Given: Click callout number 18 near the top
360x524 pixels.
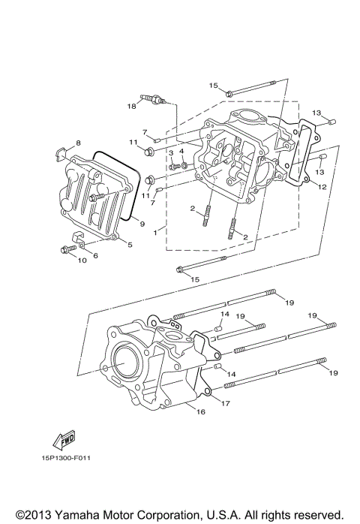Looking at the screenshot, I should point(131,107).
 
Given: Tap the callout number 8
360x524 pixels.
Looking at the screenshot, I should point(77,143).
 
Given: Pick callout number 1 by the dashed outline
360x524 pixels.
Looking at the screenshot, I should point(94,255).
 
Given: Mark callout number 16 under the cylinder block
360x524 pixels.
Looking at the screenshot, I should point(200,411).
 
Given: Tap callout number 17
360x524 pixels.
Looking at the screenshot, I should point(225,403).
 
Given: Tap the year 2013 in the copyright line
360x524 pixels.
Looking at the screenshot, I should point(39,515).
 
